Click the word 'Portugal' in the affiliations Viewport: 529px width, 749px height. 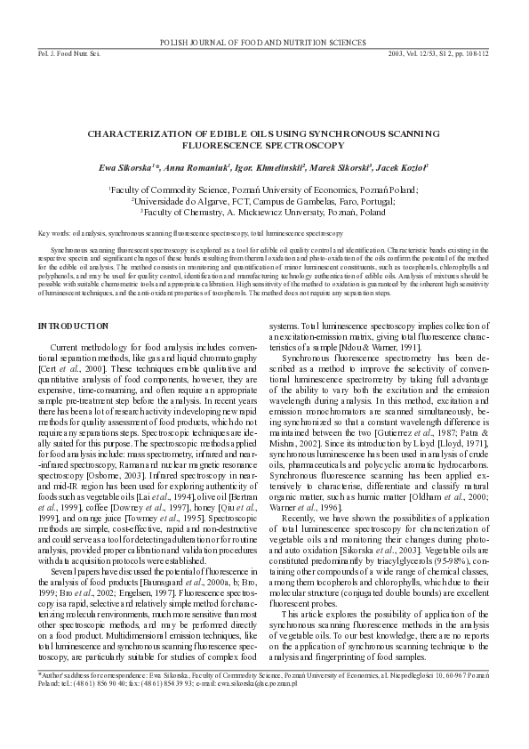pyautogui.click(x=373, y=201)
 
